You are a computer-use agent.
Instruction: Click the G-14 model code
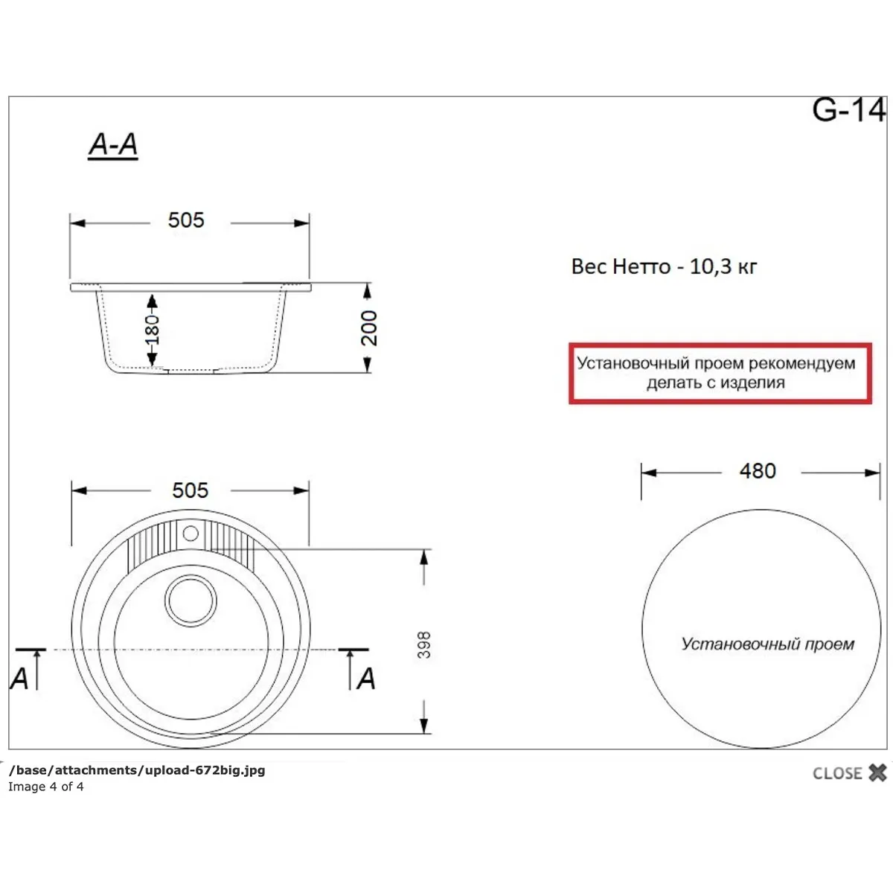848,110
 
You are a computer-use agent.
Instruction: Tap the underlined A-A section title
113,145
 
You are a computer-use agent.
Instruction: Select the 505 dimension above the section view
186,220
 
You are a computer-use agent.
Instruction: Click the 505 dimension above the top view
190,490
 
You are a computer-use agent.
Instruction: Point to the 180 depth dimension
152,330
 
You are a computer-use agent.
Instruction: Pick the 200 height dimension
369,328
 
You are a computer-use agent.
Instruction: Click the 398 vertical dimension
423,644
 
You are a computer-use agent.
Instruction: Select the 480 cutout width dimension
758,471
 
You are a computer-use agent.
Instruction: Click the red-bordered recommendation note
720,374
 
